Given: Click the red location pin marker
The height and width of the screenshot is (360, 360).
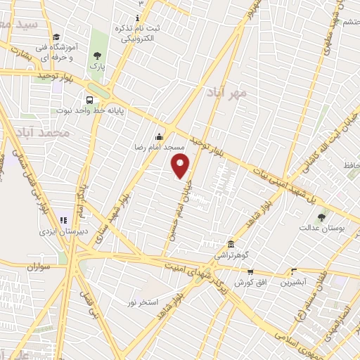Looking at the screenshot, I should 181,166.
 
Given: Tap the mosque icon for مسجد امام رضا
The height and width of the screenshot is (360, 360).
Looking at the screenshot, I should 160,137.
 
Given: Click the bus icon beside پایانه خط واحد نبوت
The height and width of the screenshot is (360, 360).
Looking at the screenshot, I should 90,99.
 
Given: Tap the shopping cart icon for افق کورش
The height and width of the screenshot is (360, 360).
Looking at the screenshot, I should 250,271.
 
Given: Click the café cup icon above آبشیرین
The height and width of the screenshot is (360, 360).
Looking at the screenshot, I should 294,271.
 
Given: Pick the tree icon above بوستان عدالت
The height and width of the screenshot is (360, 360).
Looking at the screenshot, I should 321,217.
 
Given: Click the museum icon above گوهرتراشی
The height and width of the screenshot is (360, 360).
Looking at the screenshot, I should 231,244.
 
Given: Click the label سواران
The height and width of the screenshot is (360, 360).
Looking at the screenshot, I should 41,267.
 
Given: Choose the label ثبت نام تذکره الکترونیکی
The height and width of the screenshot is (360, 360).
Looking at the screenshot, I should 138,33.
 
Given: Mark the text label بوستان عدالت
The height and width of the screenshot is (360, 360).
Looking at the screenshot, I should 320,228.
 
